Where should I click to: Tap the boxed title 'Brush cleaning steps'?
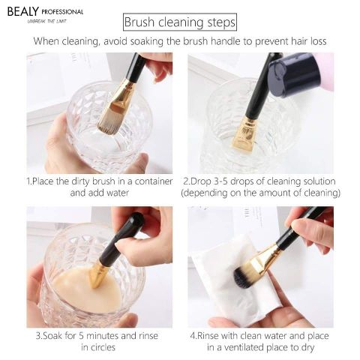(x=179, y=23)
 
